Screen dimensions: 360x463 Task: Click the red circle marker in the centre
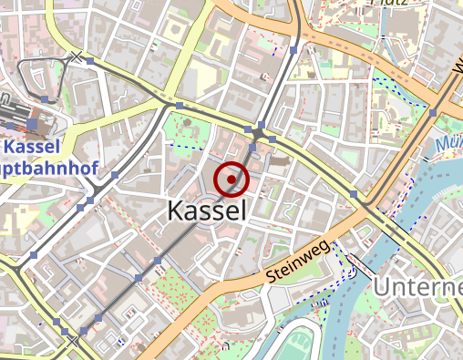tap(232, 179)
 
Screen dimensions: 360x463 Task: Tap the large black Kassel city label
tap(207, 211)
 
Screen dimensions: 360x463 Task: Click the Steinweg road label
tap(298, 262)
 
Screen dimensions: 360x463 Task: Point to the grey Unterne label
tap(417, 289)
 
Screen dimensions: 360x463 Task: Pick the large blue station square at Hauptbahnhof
tap(33, 123)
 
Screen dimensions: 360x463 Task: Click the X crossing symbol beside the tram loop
tap(77, 58)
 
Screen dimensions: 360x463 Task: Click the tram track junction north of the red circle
tap(260, 135)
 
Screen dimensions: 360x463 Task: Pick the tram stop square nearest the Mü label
tap(434, 112)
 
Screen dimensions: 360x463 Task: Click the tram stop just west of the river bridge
tap(354, 194)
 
